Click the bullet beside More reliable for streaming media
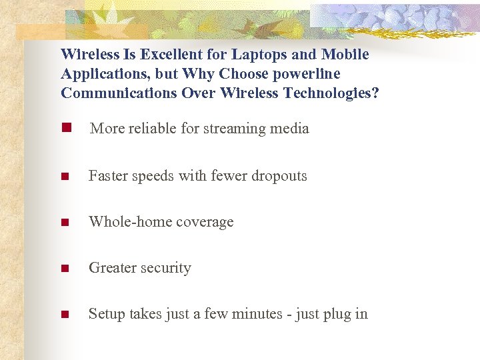tap(65, 128)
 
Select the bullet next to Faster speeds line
tap(65, 177)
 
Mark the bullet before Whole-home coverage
tap(65, 223)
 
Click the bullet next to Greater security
tap(65, 269)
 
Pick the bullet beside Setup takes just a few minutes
tap(65, 315)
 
